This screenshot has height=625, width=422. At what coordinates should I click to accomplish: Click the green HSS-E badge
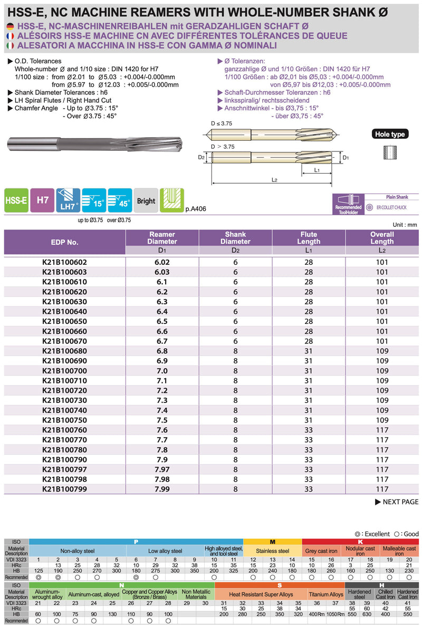tap(16, 200)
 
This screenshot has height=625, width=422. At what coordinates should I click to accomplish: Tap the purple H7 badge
tap(42, 200)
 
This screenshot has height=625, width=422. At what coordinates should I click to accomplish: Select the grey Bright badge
tap(146, 200)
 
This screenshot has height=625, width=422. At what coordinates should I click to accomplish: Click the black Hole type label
tap(390, 134)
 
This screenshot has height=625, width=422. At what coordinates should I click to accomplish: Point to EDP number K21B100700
tap(64, 371)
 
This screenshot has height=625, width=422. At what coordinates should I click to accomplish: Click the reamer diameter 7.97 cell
tap(162, 469)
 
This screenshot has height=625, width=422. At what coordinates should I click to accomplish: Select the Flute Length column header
tap(309, 238)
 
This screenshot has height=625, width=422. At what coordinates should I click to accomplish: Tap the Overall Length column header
tap(382, 238)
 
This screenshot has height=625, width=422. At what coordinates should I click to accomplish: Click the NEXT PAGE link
tap(397, 502)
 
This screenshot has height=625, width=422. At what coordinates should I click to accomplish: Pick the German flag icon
tap(11, 27)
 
